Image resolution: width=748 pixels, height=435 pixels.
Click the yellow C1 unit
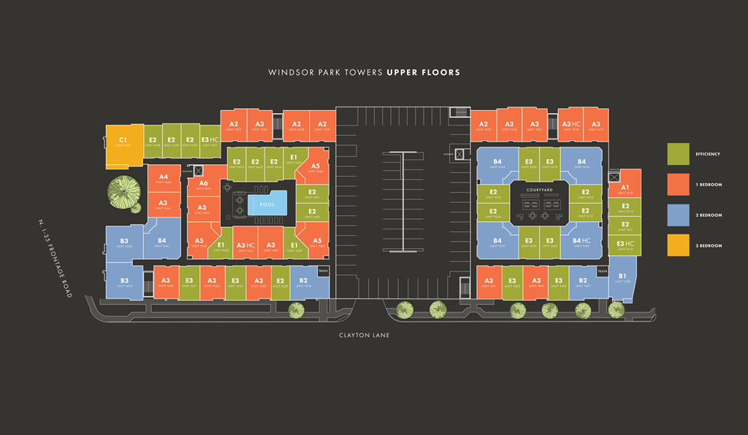pos(123,144)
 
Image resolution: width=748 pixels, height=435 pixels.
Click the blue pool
pos(267,205)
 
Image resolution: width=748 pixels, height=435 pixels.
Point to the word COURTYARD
pos(538,190)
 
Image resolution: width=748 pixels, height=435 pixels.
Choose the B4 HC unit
pos(581,242)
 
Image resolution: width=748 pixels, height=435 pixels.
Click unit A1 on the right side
pos(625,188)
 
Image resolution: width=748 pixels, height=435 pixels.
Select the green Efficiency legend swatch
pos(679,154)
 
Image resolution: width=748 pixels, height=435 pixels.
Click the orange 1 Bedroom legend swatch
pos(679,185)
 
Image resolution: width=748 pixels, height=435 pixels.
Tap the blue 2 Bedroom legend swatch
pos(679,215)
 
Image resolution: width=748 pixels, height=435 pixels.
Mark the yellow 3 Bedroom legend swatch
pos(679,246)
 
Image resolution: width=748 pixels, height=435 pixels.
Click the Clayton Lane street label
pos(363,335)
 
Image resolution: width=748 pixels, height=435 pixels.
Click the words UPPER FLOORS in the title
pos(424,73)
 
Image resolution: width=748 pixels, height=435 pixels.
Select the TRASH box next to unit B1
pos(602,272)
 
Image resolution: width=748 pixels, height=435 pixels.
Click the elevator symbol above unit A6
pos(199,170)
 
